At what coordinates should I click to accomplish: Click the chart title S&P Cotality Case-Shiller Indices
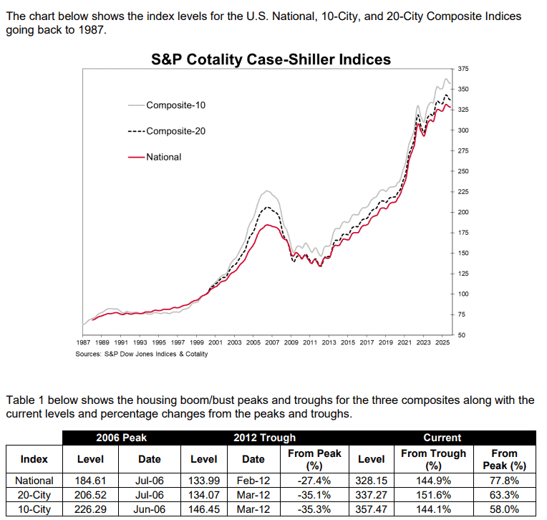271,59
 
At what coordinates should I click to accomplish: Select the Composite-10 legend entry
175,105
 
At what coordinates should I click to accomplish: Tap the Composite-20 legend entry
175,131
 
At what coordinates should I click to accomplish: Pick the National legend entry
164,157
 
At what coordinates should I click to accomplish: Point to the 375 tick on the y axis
463,69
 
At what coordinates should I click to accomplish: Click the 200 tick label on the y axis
463,213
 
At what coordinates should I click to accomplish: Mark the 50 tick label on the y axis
462,335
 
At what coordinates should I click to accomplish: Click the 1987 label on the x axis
83,343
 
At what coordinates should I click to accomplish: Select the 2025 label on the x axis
442,343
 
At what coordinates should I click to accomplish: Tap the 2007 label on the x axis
272,343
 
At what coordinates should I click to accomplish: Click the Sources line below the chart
141,354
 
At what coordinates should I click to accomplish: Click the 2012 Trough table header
264,437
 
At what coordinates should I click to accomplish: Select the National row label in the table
34,481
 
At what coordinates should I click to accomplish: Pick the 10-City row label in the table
34,508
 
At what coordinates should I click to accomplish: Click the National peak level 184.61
90,481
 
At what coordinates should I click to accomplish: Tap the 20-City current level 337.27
372,494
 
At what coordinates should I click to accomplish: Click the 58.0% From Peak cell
505,508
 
